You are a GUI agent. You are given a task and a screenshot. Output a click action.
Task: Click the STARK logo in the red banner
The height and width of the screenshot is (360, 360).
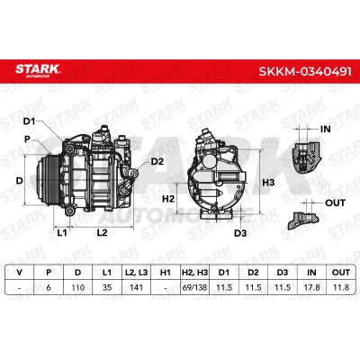pyautogui.click(x=38, y=70)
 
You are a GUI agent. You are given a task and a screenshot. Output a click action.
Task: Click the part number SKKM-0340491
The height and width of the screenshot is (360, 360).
pyautogui.click(x=305, y=72)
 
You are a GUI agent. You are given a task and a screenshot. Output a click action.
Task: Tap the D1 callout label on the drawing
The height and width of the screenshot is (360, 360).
pyautogui.click(x=30, y=121)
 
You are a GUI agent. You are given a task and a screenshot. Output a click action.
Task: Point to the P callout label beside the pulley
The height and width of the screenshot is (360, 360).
pyautogui.click(x=27, y=139)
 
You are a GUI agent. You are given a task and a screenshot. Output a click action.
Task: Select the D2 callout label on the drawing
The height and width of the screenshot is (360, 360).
pyautogui.click(x=157, y=162)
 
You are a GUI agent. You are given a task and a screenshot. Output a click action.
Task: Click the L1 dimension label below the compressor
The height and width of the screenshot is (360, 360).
pyautogui.click(x=62, y=232)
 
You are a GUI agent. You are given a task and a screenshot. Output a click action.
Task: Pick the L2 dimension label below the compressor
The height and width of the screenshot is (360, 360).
pyautogui.click(x=102, y=232)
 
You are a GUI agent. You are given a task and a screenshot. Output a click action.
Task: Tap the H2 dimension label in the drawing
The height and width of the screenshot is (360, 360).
pyautogui.click(x=168, y=198)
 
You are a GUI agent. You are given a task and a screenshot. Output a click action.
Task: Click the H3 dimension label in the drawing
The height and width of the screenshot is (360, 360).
pyautogui.click(x=268, y=183)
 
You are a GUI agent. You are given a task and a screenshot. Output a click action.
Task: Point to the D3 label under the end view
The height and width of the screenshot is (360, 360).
pyautogui.click(x=240, y=233)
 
